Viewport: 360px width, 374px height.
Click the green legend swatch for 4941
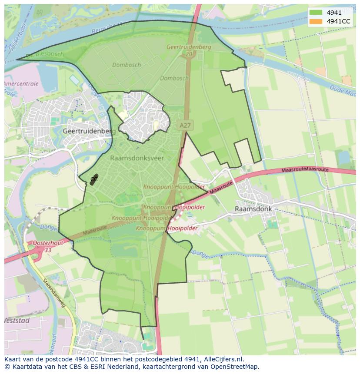pyautogui.click(x=316, y=13)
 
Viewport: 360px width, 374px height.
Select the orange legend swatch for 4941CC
pyautogui.click(x=316, y=21)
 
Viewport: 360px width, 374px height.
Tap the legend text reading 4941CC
pyautogui.click(x=339, y=21)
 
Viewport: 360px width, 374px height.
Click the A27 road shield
pyautogui.click(x=185, y=125)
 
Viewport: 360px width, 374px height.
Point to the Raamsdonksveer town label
pyautogui.click(x=137, y=158)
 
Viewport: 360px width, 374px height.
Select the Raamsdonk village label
pyautogui.click(x=253, y=209)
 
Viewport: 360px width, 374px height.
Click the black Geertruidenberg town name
pyautogui.click(x=89, y=131)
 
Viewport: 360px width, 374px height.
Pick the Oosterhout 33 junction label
pyautogui.click(x=47, y=246)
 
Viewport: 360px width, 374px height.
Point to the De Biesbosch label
pyautogui.click(x=45, y=55)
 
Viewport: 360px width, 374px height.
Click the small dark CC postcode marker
pyautogui.click(x=93, y=179)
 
